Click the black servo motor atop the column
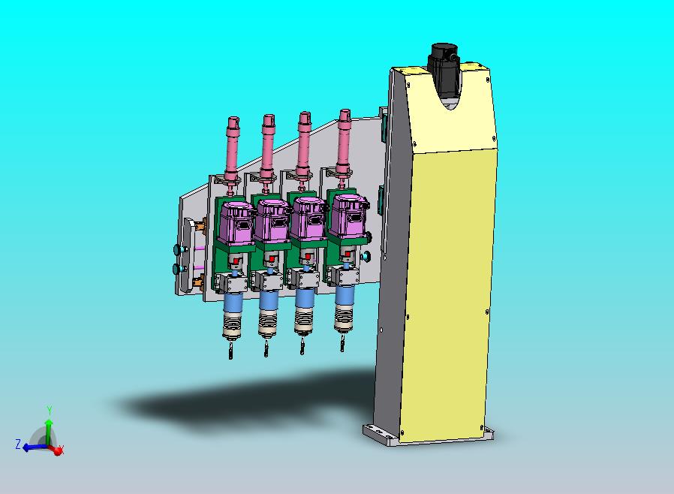click(x=444, y=65)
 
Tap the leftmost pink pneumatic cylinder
click(x=232, y=150)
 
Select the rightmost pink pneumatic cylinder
click(x=345, y=143)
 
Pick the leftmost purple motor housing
click(x=236, y=224)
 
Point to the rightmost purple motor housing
click(x=351, y=215)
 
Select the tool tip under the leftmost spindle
click(x=231, y=351)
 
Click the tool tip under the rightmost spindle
click(x=342, y=344)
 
